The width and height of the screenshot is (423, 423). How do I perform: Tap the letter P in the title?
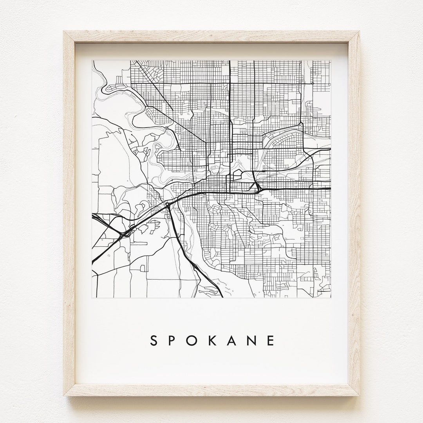click(174, 340)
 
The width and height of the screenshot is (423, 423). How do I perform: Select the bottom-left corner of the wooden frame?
click(64, 396)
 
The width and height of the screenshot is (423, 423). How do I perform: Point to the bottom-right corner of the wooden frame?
click(360, 396)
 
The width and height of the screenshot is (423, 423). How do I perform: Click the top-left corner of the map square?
click(92, 60)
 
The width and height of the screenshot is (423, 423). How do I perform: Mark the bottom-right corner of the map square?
click(331, 298)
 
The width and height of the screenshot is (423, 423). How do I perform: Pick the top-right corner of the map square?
click(331, 60)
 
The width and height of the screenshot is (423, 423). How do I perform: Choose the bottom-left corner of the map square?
click(92, 298)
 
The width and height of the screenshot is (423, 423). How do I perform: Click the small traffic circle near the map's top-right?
click(313, 83)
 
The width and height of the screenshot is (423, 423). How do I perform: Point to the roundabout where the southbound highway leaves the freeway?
click(168, 204)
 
